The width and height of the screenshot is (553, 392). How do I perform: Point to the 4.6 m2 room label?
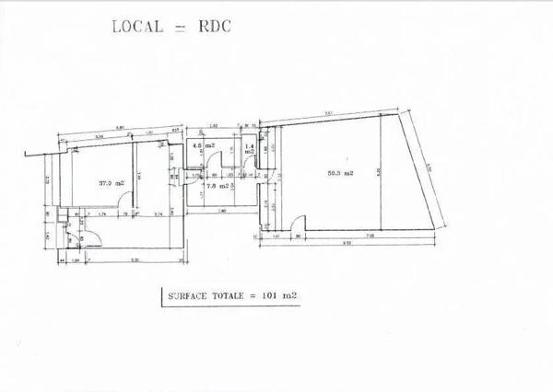coord(196,145)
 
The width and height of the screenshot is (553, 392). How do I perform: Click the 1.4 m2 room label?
coord(250,147)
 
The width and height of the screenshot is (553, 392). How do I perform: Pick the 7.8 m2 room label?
coord(214,185)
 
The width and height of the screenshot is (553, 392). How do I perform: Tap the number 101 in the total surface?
coord(273,295)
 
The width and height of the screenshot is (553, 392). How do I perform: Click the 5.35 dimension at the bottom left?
coord(135,260)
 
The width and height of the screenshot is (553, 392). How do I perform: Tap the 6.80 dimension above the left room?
coord(120,128)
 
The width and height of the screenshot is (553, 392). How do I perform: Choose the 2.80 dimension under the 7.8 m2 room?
coord(222,211)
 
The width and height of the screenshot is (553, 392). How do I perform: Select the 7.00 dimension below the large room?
coord(369,236)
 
